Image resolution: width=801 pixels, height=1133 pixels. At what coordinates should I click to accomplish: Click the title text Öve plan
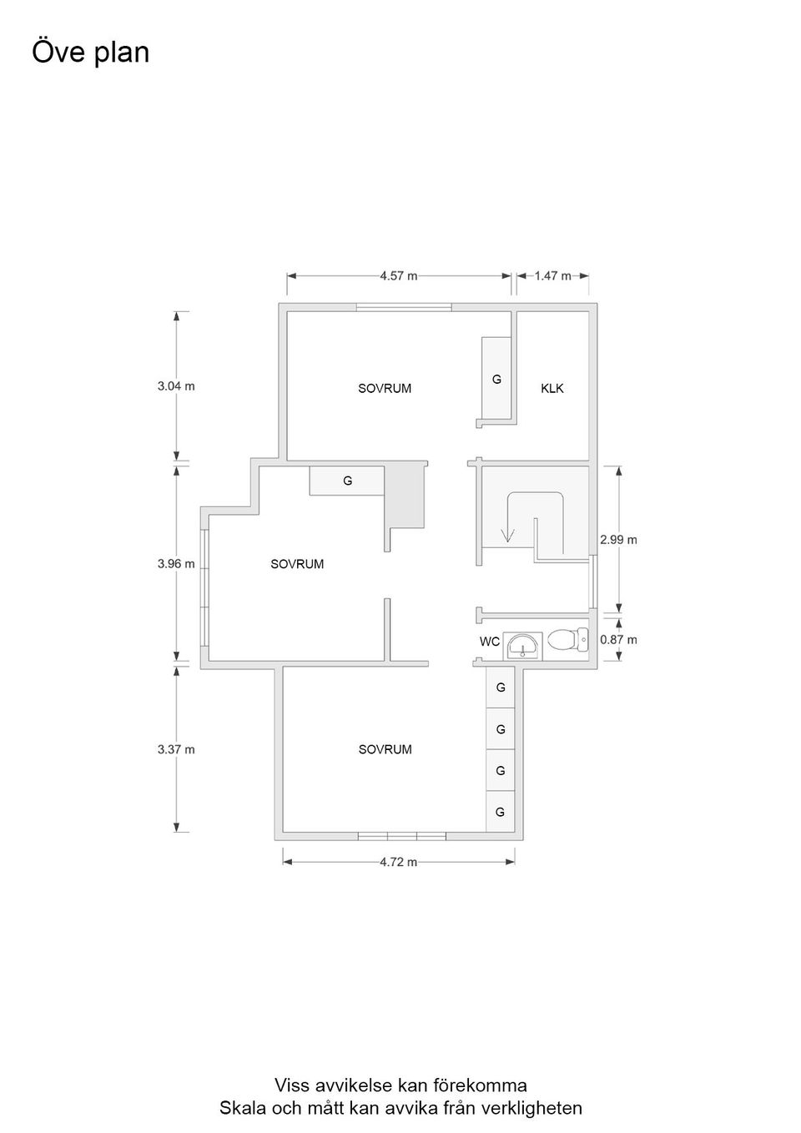[x=90, y=53]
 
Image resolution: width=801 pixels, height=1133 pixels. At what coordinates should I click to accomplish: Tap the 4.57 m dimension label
[x=399, y=276]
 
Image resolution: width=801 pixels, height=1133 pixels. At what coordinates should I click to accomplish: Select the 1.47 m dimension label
[x=552, y=276]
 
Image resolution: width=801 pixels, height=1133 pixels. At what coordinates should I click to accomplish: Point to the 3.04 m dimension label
[x=176, y=386]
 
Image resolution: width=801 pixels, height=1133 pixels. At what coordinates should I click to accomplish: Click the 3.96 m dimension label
[x=176, y=563]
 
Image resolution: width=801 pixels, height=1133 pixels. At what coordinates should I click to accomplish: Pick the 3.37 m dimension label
[x=176, y=749]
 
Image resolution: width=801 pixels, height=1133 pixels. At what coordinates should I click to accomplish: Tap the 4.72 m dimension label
[x=399, y=862]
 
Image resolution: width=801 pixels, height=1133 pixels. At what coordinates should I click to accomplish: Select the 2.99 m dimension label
[x=618, y=540]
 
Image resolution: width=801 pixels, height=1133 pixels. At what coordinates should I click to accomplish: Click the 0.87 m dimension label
[x=618, y=640]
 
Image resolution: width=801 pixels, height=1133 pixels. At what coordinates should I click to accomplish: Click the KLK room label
[x=552, y=389]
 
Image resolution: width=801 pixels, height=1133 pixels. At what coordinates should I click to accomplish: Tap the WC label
[x=490, y=642]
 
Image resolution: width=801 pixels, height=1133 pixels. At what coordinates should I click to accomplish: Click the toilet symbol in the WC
[x=568, y=641]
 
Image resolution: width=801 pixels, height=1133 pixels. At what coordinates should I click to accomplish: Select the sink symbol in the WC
[x=523, y=646]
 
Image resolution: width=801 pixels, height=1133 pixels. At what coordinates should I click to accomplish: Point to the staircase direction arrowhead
[x=507, y=535]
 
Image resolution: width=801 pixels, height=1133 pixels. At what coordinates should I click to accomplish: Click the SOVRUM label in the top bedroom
[x=385, y=389]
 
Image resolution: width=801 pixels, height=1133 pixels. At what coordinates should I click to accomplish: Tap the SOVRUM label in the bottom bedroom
[x=385, y=749]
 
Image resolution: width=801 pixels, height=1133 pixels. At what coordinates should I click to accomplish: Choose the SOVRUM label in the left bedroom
[x=297, y=564]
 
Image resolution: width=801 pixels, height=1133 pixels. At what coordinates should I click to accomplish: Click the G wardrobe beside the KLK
[x=496, y=379]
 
